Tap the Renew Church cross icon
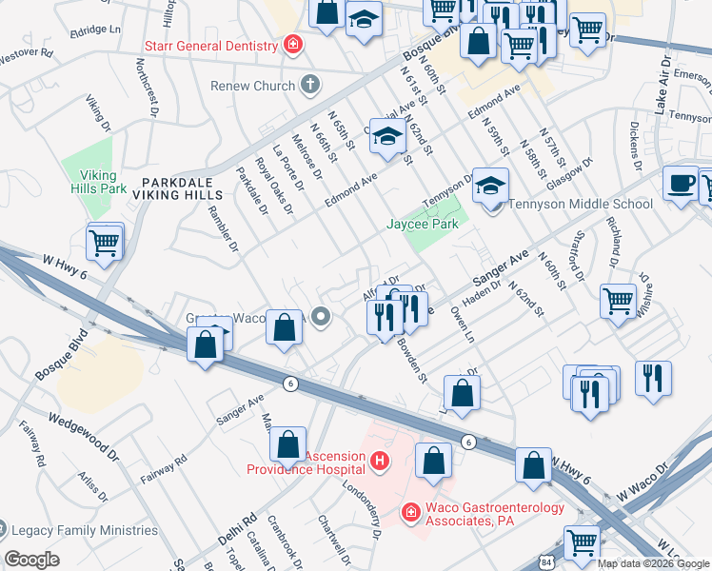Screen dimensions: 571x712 pyautogui.click(x=308, y=86)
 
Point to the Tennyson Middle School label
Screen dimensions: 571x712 pyautogui.click(x=581, y=204)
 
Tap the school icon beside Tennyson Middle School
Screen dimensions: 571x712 pyautogui.click(x=491, y=186)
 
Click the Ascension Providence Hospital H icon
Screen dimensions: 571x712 pyautogui.click(x=380, y=463)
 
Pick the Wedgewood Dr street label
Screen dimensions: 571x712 pyautogui.click(x=84, y=437)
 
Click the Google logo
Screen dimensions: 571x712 pyautogui.click(x=33, y=560)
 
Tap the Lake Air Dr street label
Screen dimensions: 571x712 pyautogui.click(x=661, y=85)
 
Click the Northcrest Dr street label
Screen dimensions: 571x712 pyautogui.click(x=147, y=90)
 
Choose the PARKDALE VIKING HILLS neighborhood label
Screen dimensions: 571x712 pyautogui.click(x=181, y=187)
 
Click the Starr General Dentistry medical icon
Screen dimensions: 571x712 pyautogui.click(x=293, y=45)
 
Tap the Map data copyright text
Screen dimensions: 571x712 pyautogui.click(x=653, y=562)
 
